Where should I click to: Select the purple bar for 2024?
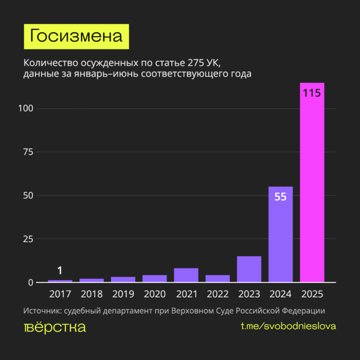click(280, 237)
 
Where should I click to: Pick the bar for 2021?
click(186, 275)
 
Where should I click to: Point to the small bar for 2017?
click(60, 281)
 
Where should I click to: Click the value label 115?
click(312, 94)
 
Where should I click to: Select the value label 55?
click(280, 196)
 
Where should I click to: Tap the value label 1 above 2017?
click(60, 271)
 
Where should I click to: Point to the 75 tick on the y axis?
click(29, 152)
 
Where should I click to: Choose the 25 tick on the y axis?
click(29, 239)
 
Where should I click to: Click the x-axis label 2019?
click(123, 294)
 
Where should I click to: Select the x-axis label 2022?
click(218, 294)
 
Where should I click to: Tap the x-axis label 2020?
click(154, 294)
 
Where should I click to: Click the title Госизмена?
click(76, 36)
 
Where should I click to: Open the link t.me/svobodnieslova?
click(289, 327)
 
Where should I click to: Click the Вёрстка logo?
click(55, 327)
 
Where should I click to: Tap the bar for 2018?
click(92, 280)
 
